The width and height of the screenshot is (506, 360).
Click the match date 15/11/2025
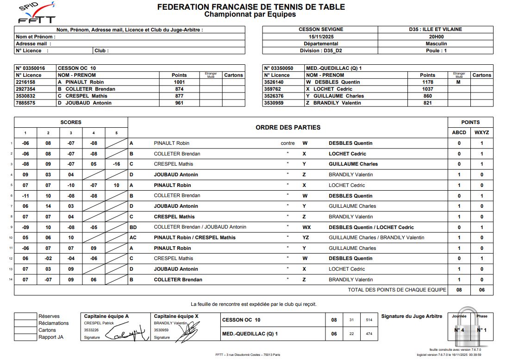tap(320, 37)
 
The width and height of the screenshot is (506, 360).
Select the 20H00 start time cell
tap(436, 37)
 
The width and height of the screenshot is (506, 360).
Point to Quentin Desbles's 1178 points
tap(427, 82)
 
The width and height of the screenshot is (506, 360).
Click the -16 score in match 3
tap(116, 164)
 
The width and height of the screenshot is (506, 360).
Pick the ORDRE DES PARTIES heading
tap(288, 127)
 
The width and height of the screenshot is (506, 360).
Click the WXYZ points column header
tap(482, 132)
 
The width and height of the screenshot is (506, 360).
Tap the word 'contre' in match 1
tap(287, 143)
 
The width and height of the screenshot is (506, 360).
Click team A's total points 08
tap(459, 290)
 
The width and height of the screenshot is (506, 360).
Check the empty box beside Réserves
tap(25, 317)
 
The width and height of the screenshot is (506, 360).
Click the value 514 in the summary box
tap(369, 320)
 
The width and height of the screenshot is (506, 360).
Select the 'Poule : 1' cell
tap(436, 50)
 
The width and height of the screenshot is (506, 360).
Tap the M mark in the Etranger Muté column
tap(458, 82)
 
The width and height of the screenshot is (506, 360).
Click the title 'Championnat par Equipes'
tap(250, 14)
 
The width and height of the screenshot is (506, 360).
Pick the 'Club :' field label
tap(101, 50)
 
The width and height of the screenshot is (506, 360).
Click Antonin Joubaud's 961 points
tap(179, 103)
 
